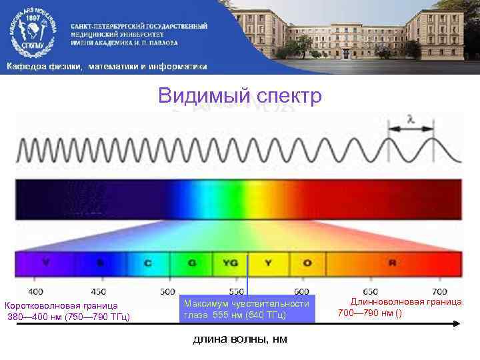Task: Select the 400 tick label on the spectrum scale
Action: [35, 291]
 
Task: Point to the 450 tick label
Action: [99, 291]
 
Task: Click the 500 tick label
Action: [168, 291]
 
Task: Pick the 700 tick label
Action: [439, 291]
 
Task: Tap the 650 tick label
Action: [371, 291]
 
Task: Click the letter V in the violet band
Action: [45, 263]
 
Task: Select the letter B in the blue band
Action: [100, 263]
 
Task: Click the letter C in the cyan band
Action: [147, 263]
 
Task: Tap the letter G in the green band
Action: [192, 263]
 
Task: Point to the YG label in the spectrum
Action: [230, 263]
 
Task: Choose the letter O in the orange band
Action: [307, 263]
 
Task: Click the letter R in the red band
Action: [392, 263]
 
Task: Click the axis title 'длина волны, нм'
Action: [240, 339]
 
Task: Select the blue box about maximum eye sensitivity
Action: [246, 309]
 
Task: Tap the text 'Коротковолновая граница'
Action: [61, 306]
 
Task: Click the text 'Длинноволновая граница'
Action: [406, 301]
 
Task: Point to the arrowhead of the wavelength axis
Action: [457, 323]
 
